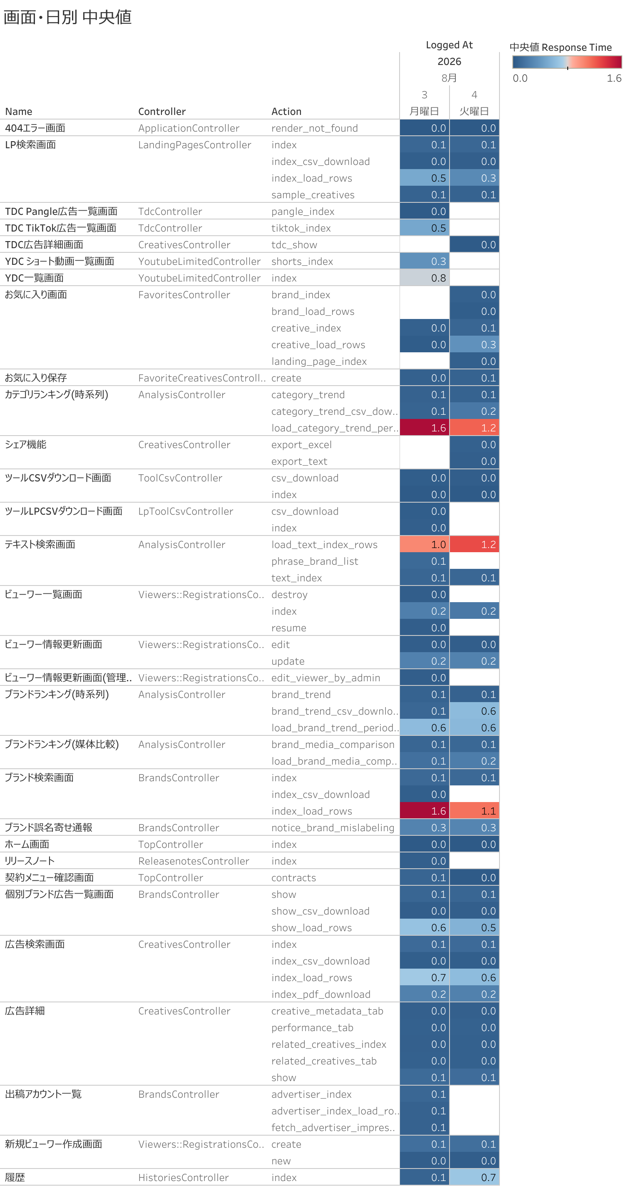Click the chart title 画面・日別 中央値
[68, 17]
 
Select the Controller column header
[162, 112]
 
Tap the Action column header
[286, 112]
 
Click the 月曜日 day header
[424, 112]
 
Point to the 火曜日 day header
[474, 112]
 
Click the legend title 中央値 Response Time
[561, 47]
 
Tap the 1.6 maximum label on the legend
[614, 78]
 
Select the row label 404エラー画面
[35, 128]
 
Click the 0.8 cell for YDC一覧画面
[425, 278]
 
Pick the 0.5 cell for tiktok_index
[425, 228]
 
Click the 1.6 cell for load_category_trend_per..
[425, 428]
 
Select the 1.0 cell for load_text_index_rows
[425, 545]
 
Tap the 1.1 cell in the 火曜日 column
[474, 811]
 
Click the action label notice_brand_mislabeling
[333, 828]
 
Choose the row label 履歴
[15, 1177]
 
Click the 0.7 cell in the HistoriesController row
[474, 1177]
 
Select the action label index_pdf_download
[321, 994]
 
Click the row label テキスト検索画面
[40, 545]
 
